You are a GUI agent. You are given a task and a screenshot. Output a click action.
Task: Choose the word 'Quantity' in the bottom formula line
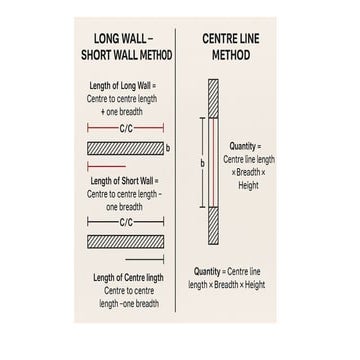(x=208, y=270)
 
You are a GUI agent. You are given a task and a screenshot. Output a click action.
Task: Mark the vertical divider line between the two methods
(x=180, y=180)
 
